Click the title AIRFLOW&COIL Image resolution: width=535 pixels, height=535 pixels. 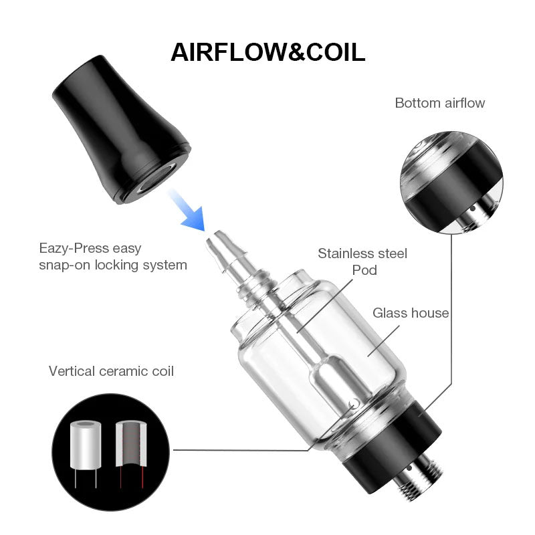(x=267, y=51)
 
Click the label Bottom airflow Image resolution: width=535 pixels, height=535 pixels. (x=439, y=103)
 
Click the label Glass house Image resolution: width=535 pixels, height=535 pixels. (x=411, y=313)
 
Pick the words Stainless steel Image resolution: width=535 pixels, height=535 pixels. (x=362, y=253)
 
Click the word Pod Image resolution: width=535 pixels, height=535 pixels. (x=364, y=270)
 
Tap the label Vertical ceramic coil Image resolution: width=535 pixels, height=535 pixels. (x=111, y=370)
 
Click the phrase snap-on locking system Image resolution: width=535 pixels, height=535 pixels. (x=112, y=265)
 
